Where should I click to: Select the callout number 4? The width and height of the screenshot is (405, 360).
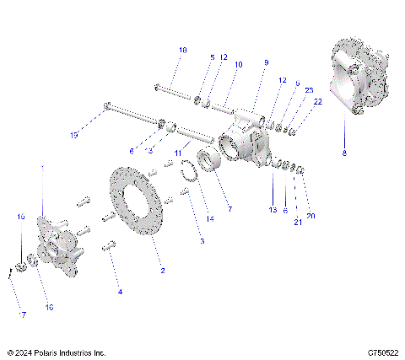(120, 292)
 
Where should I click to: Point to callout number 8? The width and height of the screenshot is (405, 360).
(344, 153)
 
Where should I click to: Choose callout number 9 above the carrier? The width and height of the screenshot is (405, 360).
(266, 63)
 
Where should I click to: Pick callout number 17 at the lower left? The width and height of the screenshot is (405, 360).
(23, 314)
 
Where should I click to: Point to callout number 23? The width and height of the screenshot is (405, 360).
(309, 89)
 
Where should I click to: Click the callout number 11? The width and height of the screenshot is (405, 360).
(178, 153)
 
